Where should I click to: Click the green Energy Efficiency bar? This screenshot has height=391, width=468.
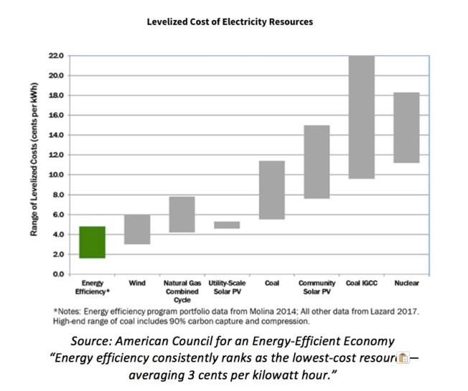[92, 242]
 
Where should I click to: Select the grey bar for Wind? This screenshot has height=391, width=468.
[137, 230]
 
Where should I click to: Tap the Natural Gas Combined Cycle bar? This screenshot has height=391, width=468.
[182, 215]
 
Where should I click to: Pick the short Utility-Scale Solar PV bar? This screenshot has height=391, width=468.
[227, 225]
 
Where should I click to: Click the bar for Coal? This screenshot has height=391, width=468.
[272, 190]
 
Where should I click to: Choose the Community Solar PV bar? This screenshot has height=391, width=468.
[317, 162]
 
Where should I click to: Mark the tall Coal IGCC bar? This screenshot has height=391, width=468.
[362, 117]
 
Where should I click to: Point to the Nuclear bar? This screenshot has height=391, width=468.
[406, 128]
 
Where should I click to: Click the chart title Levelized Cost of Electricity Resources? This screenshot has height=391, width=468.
[230, 22]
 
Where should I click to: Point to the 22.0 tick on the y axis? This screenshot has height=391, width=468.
[56, 56]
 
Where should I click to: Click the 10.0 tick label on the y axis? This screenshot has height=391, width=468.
[56, 175]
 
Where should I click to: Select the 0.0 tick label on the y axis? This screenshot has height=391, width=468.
[58, 275]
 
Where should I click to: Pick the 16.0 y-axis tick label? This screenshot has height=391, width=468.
[56, 116]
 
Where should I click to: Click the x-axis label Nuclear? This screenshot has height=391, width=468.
[406, 284]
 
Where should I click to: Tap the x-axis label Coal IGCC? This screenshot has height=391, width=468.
[362, 284]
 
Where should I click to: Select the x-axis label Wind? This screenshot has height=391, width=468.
[137, 284]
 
